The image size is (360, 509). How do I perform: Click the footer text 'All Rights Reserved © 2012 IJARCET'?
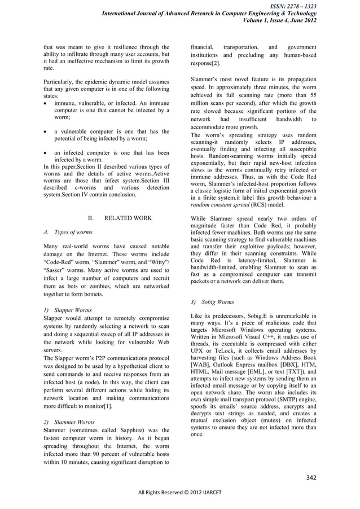pos(180,500)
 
